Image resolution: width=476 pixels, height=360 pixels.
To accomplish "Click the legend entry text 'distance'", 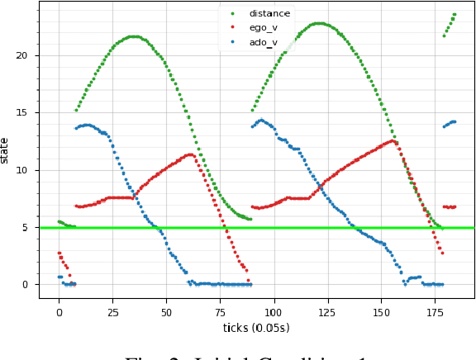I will pos(269,13).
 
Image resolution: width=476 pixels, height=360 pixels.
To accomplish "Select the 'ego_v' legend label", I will pos(264,27).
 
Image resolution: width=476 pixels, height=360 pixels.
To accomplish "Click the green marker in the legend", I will pos(231,14).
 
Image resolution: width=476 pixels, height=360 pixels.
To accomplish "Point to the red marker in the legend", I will pos(231,28).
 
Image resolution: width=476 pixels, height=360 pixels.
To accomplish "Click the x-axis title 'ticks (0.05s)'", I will pos(257,328).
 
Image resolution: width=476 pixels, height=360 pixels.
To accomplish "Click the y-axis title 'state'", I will pos(6,150).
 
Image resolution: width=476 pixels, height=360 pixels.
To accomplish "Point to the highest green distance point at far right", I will pos(455,14).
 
